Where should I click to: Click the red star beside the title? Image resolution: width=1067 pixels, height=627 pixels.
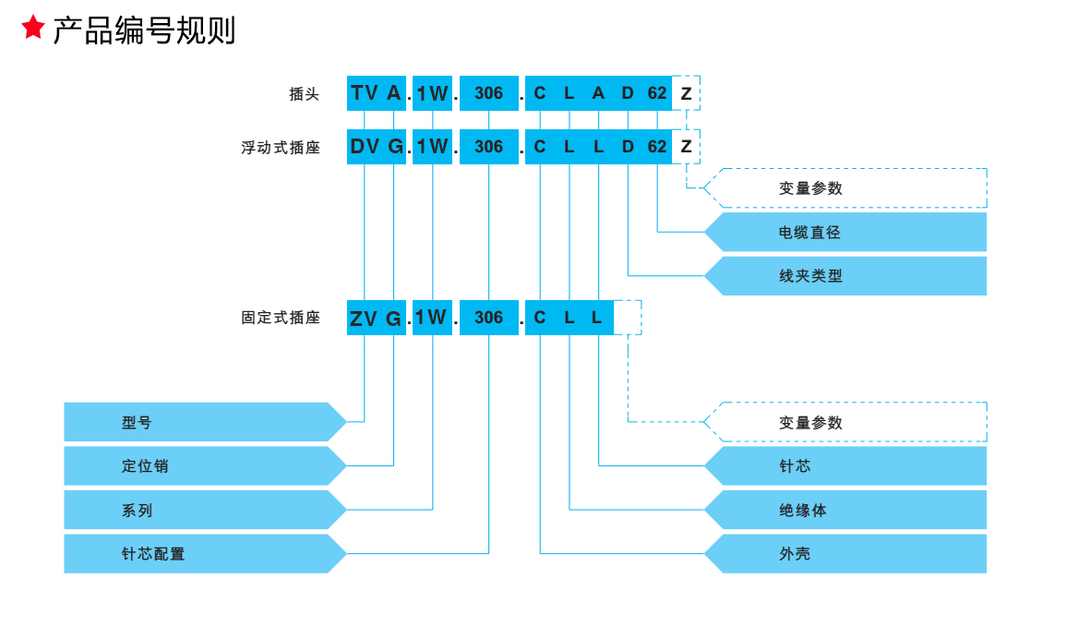tap(33, 28)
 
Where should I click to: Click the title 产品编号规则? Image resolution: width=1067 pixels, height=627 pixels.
tap(144, 30)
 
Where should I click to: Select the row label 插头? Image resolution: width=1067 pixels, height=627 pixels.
tap(304, 94)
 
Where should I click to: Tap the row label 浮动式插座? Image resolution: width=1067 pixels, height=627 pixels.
tap(281, 148)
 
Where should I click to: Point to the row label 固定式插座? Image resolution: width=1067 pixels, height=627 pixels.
tap(281, 318)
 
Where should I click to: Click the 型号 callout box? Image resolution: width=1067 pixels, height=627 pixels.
tap(198, 422)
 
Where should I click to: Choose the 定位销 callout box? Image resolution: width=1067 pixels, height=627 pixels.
tap(198, 466)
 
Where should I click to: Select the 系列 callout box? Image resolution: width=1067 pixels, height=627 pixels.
tap(198, 510)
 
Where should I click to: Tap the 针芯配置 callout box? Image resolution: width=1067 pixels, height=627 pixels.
tap(198, 554)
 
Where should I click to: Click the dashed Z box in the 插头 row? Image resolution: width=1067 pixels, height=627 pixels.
tap(686, 93)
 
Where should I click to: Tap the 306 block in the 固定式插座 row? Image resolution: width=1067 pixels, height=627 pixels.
tap(488, 318)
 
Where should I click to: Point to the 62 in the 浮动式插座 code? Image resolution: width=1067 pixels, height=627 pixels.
tap(656, 147)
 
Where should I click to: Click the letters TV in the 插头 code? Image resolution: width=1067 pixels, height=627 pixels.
tap(365, 93)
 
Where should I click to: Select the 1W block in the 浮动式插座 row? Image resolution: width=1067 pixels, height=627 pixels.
tap(432, 147)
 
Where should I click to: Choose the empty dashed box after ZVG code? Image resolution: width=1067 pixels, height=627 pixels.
tap(627, 318)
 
